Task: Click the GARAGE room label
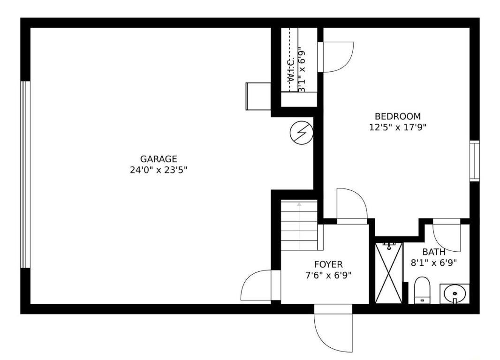coord(159,159)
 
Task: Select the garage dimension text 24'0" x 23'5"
coord(159,170)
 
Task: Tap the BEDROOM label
coord(397,116)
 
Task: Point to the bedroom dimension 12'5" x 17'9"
coord(397,127)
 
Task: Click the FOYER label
coord(328,264)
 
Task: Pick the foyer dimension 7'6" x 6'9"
coord(328,275)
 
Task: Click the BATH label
coord(434,252)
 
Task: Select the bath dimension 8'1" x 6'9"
coord(434,263)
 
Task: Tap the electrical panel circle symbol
coord(301,134)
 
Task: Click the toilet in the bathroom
coord(422,290)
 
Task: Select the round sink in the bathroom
coord(454,294)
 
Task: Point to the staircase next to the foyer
coord(299,225)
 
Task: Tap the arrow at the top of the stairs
coord(299,205)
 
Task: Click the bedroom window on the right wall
coord(475,161)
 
